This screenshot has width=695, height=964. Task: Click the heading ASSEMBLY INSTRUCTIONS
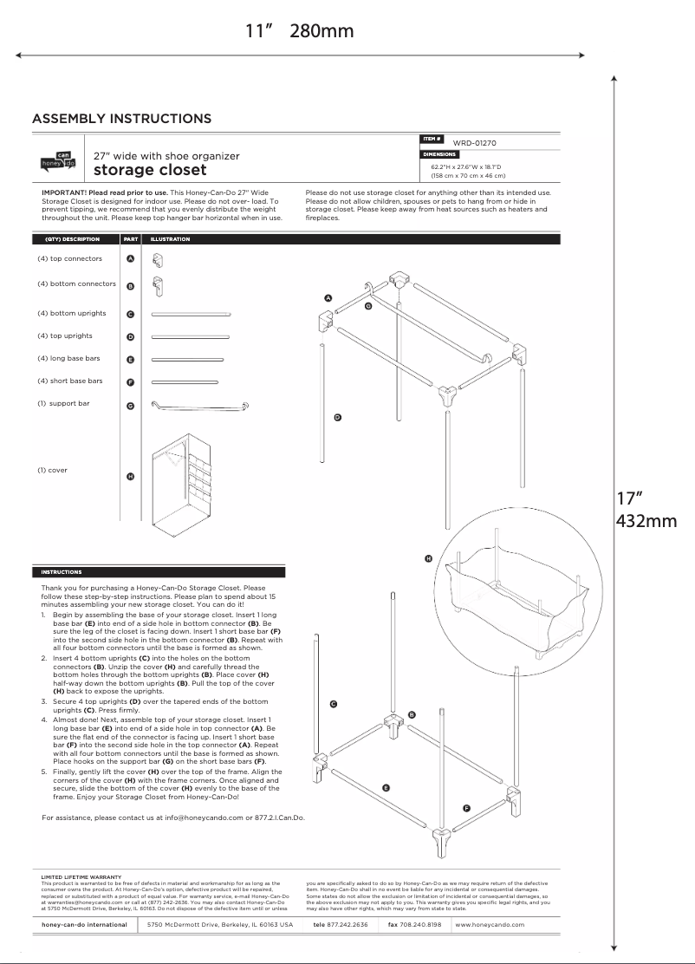click(121, 119)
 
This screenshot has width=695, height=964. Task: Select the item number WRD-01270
click(474, 143)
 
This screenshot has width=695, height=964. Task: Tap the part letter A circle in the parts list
click(130, 259)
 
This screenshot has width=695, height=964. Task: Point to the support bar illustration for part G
click(200, 405)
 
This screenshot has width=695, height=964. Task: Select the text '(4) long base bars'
click(68, 359)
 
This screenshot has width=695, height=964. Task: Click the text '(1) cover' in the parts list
click(52, 471)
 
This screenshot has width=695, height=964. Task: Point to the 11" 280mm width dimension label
click(300, 31)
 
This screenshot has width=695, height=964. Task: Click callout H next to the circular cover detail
click(428, 559)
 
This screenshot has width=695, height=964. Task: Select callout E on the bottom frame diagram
click(386, 788)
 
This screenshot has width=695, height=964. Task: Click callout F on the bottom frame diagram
click(466, 808)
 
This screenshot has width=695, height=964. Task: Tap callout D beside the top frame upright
click(337, 418)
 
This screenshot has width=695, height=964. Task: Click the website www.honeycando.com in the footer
click(490, 925)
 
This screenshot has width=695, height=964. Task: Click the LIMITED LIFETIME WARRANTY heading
click(81, 877)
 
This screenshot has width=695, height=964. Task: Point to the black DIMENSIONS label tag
click(439, 154)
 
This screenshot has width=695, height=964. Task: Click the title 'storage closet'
click(150, 170)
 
